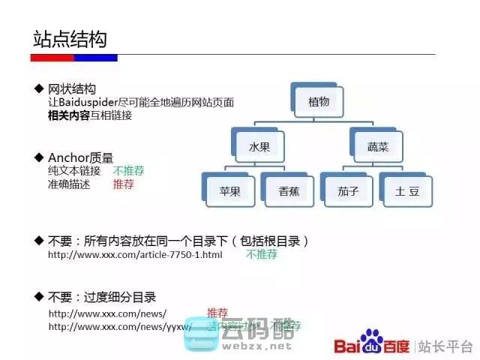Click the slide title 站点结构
click(70, 39)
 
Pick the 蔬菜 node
click(377, 147)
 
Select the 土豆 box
click(406, 190)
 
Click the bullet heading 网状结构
click(72, 88)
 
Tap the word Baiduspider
click(91, 102)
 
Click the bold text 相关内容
click(68, 115)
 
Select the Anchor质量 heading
click(80, 157)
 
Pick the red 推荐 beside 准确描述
click(123, 184)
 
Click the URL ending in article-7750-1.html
click(135, 255)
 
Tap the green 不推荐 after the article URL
click(261, 255)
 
